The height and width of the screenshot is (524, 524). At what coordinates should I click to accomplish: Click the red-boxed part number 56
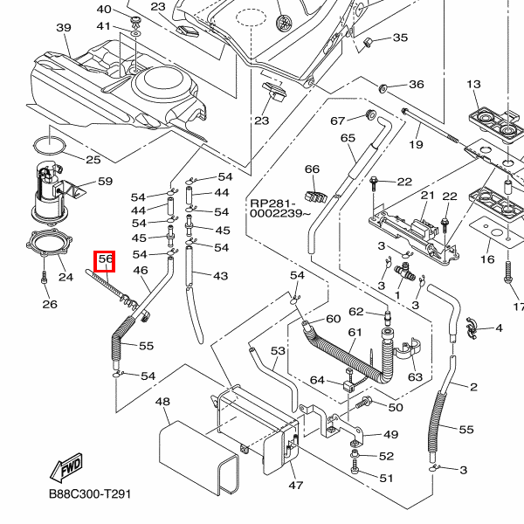(106, 259)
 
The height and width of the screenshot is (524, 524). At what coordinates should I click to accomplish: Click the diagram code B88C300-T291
(90, 493)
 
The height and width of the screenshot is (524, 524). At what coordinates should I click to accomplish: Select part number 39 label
(63, 28)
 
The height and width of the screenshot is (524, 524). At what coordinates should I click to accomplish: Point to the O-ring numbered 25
(51, 141)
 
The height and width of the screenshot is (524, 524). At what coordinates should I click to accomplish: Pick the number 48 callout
(162, 402)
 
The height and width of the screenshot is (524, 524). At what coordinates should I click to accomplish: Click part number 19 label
(416, 144)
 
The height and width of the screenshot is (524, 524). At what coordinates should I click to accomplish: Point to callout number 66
(312, 169)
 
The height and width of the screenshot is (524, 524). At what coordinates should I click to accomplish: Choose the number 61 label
(355, 333)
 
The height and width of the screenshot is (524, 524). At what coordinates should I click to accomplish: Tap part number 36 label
(416, 85)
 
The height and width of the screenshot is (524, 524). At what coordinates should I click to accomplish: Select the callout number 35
(401, 38)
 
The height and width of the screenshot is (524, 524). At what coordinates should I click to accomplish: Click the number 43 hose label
(220, 276)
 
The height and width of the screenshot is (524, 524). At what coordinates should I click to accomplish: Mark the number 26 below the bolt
(50, 305)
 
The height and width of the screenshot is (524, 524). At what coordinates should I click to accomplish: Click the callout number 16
(486, 259)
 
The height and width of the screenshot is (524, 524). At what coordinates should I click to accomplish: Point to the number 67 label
(338, 121)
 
